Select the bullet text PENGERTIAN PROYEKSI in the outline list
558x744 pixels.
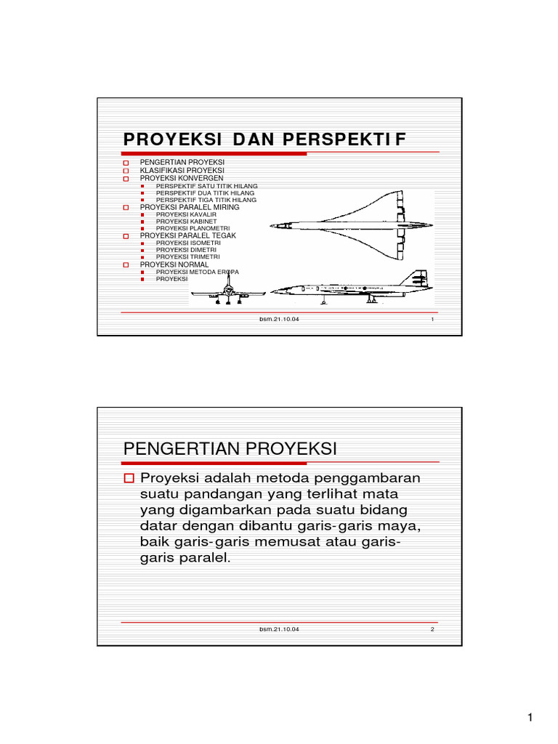(x=182, y=161)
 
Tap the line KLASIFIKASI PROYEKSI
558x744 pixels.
(x=182, y=170)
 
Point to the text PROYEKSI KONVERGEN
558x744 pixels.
(x=182, y=178)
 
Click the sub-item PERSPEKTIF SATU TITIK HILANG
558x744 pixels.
(x=206, y=186)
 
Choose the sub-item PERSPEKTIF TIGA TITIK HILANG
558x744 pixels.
(x=206, y=199)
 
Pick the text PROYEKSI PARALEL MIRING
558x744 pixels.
(x=190, y=207)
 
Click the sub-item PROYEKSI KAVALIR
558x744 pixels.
(x=186, y=215)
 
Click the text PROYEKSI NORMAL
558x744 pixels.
(x=174, y=264)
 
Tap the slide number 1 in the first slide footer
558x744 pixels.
(x=432, y=319)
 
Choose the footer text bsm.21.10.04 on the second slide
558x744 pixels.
(x=279, y=629)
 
